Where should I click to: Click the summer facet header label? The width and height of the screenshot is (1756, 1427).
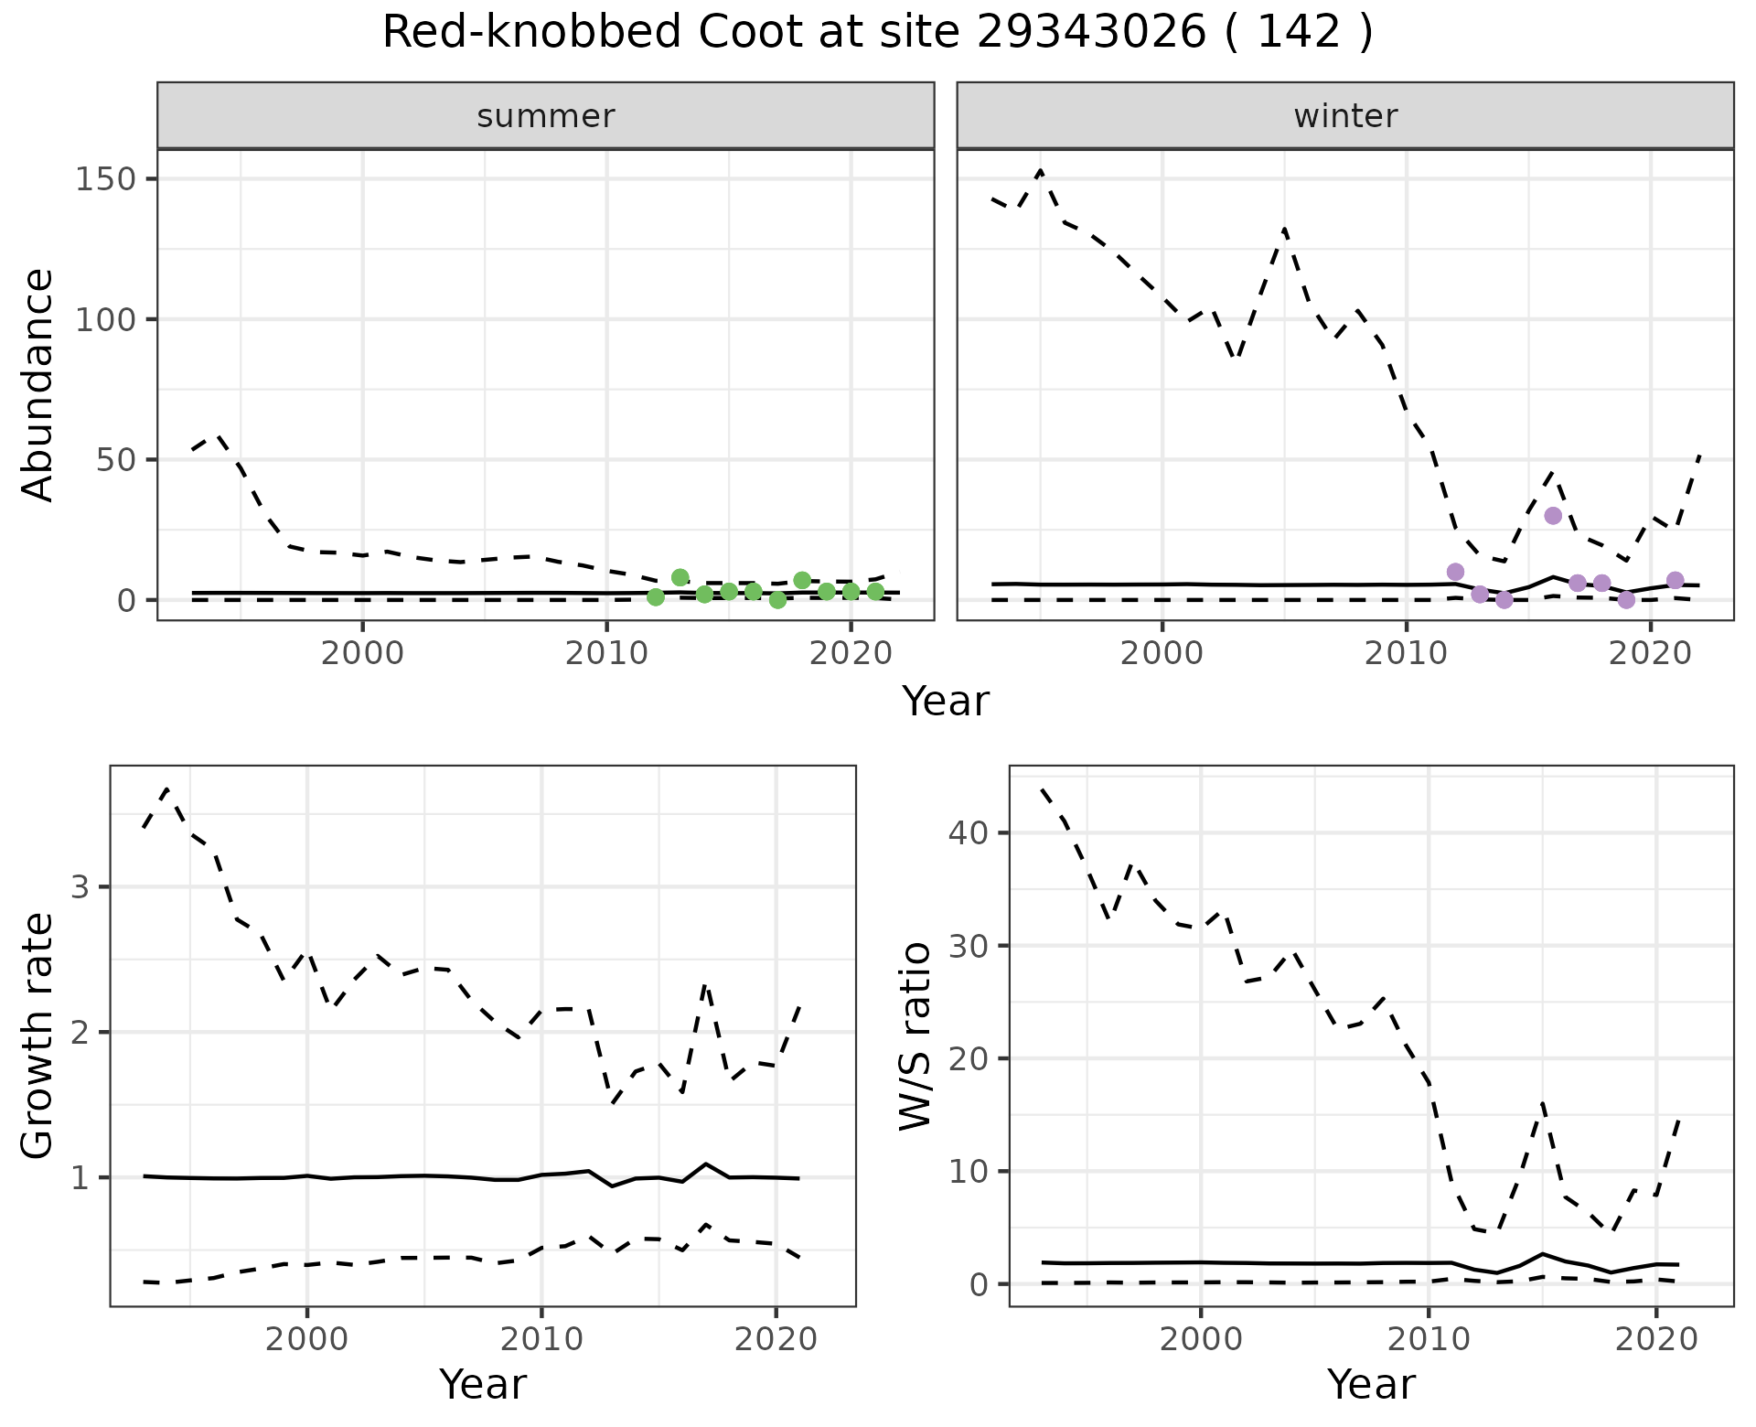pos(546,116)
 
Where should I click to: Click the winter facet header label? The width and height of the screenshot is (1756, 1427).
pos(1345,116)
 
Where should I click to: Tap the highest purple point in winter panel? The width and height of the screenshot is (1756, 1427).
pos(1553,516)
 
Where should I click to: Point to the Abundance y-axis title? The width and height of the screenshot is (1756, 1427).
pos(37,384)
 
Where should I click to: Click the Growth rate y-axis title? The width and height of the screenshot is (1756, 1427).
pos(37,1035)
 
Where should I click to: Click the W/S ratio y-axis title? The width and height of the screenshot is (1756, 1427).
pos(915,1035)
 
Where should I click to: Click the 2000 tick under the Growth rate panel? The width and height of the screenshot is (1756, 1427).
pos(306,1339)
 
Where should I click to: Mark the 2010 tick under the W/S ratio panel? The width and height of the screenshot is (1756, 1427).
pos(1429,1339)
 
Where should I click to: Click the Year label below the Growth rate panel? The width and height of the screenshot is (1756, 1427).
pos(483,1384)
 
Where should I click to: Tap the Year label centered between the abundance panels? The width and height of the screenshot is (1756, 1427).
pos(946,702)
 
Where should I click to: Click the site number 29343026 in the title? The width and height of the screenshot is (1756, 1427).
pos(1091,34)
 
